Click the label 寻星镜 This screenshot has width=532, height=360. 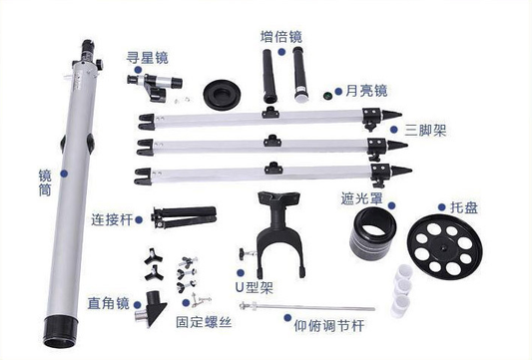148,57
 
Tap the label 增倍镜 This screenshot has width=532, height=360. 281,37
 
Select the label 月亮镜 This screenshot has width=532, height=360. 366,91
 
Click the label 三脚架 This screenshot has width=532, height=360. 425,130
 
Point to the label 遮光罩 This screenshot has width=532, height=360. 362,199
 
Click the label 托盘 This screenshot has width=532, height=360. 464,207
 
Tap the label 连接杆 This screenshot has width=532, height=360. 112,219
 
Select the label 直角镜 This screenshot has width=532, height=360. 109,303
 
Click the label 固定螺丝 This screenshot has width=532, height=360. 204,322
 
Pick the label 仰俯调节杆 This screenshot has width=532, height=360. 329,326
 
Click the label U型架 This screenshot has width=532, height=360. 255,287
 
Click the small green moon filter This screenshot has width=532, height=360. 327,95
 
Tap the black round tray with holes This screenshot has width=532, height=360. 445,246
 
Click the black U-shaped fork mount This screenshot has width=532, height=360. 279,234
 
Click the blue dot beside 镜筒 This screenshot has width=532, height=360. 64,174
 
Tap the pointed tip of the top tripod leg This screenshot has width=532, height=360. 401,115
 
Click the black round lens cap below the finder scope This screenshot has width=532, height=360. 223,94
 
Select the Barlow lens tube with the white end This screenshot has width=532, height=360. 300,75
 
